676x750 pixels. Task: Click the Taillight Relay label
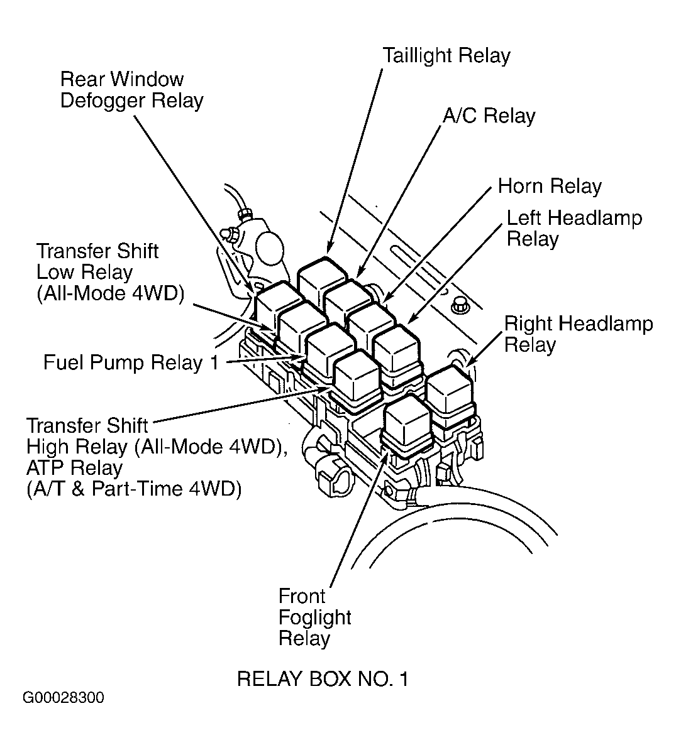click(446, 56)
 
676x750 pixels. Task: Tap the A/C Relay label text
click(489, 116)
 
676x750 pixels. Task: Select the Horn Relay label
click(550, 186)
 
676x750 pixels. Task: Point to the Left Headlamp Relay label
click(574, 228)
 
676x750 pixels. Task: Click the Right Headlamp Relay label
click(579, 334)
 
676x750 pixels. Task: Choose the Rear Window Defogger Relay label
click(131, 90)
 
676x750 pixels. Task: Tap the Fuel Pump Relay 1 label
click(131, 362)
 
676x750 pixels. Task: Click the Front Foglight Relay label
click(314, 617)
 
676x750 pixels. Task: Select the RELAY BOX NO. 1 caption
click(322, 679)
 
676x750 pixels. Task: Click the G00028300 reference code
click(63, 698)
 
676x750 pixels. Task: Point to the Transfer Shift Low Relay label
click(110, 272)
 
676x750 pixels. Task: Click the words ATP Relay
click(75, 468)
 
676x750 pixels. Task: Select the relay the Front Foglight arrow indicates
click(407, 425)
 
